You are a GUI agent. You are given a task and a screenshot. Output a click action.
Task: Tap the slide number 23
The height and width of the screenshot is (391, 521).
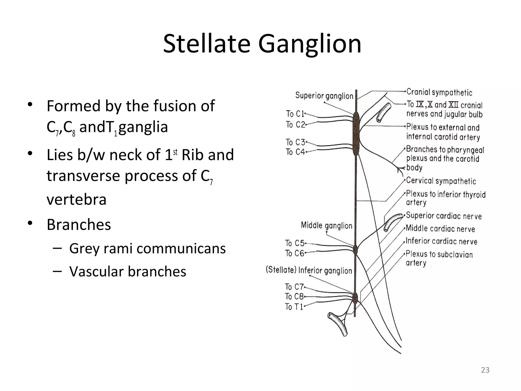pos(485,370)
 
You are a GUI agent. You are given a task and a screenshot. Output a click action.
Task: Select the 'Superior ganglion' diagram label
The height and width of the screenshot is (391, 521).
pos(324,96)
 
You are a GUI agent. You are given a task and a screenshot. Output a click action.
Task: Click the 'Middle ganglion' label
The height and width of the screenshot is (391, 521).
pos(326,226)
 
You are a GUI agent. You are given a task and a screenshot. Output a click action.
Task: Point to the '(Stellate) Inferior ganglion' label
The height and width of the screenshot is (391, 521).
pos(309,270)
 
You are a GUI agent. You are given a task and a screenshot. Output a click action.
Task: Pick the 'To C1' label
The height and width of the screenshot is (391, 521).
pos(295,114)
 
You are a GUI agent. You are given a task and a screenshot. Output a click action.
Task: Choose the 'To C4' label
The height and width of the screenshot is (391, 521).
pos(295,152)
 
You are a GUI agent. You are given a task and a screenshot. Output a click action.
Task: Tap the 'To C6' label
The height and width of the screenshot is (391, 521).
pos(295,253)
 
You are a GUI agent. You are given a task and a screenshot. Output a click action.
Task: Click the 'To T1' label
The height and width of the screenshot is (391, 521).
pos(294,306)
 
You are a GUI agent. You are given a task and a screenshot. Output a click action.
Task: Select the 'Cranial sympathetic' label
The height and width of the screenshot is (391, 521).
pos(439,92)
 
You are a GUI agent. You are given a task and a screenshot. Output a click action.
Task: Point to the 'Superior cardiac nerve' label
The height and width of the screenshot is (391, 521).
pos(444,216)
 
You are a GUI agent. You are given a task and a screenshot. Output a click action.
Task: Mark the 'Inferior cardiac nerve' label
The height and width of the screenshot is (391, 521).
pos(441,241)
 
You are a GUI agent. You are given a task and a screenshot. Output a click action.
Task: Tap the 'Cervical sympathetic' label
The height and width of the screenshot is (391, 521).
pos(441,181)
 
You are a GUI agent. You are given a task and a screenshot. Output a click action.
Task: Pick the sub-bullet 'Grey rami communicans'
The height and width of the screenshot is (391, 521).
pos(147,248)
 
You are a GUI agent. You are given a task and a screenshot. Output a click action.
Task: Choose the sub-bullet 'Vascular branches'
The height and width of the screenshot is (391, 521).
pos(128,271)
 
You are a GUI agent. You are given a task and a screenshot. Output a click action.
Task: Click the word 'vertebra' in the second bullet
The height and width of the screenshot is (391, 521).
pos(76,199)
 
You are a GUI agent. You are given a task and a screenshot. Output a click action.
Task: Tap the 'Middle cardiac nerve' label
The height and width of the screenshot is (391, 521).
pos(440,229)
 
